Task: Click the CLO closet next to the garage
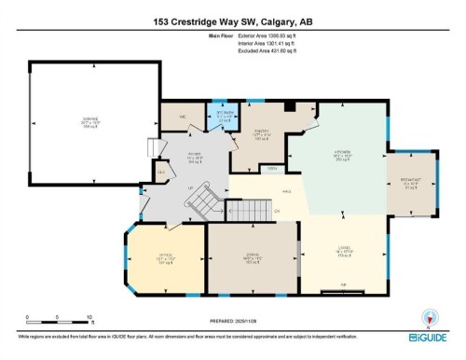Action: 161,172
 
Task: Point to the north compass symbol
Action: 429,317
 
